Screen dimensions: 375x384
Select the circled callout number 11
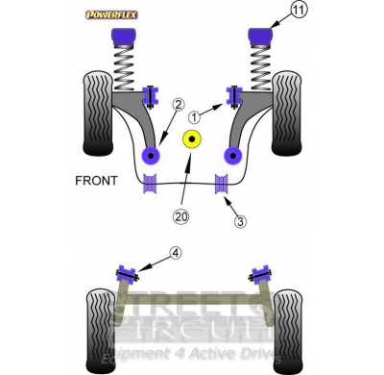[274, 12]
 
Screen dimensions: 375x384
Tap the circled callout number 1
[196, 116]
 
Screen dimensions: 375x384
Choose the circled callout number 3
[240, 220]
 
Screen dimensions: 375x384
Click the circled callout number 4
[175, 253]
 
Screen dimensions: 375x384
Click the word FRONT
[96, 181]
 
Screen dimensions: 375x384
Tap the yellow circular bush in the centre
[192, 141]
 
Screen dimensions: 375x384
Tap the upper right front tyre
[288, 113]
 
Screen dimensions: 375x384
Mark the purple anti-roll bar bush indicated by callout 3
[220, 183]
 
